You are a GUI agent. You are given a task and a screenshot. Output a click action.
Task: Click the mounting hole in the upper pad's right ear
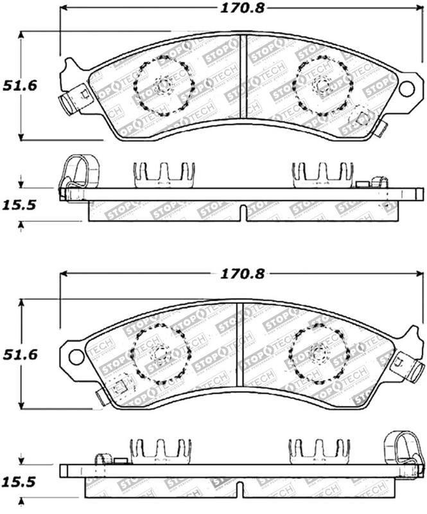pyautogui.click(x=406, y=89)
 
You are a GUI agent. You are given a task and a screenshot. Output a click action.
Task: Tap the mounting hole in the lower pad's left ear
pyautogui.click(x=76, y=355)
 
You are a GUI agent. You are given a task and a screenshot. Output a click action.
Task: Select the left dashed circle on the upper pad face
pyautogui.click(x=163, y=85)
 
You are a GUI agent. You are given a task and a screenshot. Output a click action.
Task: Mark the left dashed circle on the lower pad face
pyautogui.click(x=161, y=353)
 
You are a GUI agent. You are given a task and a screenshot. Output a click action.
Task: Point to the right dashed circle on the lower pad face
pyautogui.click(x=318, y=355)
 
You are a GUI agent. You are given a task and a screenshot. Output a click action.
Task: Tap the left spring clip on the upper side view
pyautogui.click(x=163, y=174)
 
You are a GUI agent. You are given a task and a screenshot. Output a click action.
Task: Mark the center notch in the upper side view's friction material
pyautogui.click(x=241, y=213)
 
